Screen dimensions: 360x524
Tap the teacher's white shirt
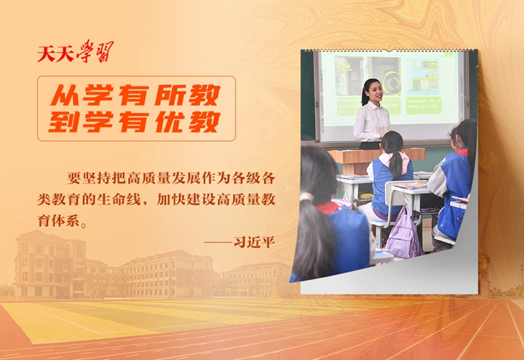pos(371,122)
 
